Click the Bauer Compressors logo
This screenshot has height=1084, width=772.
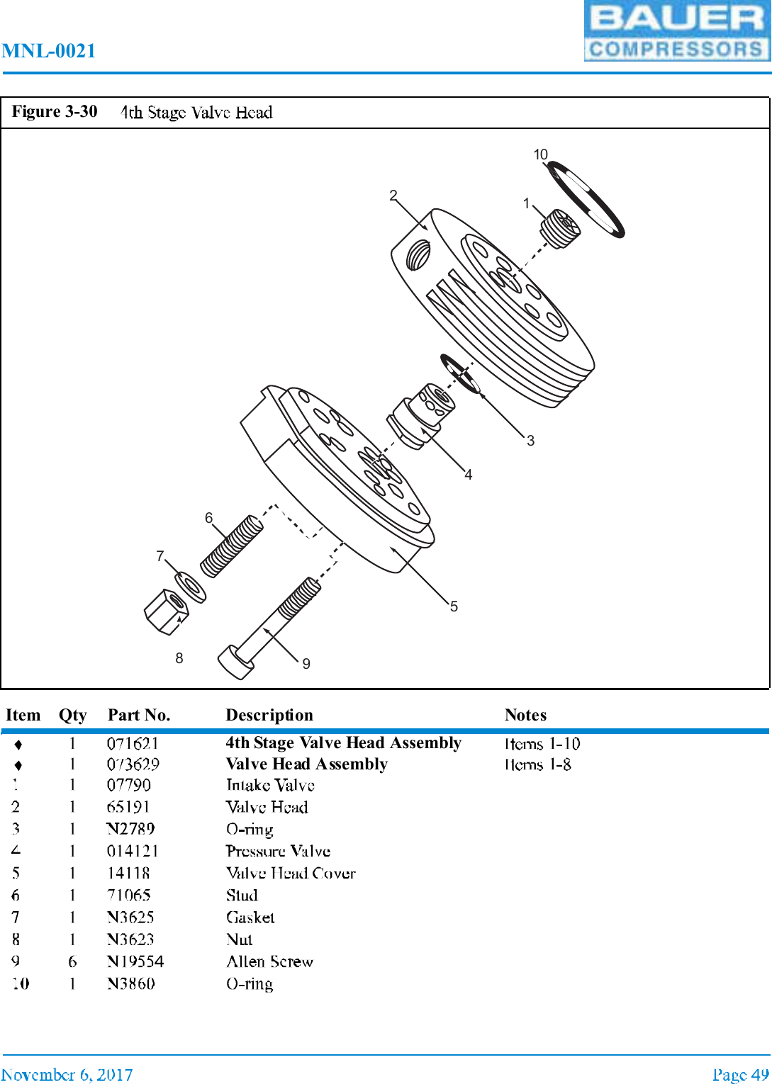point(677,31)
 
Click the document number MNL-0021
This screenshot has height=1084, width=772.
point(49,51)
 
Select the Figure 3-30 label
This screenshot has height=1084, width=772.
point(55,112)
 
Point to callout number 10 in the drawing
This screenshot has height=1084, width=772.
point(540,154)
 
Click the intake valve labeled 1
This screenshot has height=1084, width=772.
point(561,229)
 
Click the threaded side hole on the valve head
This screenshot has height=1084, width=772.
point(418,254)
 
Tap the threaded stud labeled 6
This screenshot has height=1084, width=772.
point(232,546)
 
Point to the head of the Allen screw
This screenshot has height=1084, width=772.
point(235,662)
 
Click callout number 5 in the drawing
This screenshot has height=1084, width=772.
point(454,606)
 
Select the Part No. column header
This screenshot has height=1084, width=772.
point(139,715)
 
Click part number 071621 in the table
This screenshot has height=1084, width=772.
point(133,743)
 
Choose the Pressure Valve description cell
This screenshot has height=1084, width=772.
point(278,851)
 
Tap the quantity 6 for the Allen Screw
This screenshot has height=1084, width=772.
point(72,961)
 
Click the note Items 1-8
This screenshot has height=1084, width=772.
point(538,764)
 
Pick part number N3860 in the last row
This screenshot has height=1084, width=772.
point(131,983)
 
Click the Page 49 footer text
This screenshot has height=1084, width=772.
point(740,1074)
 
